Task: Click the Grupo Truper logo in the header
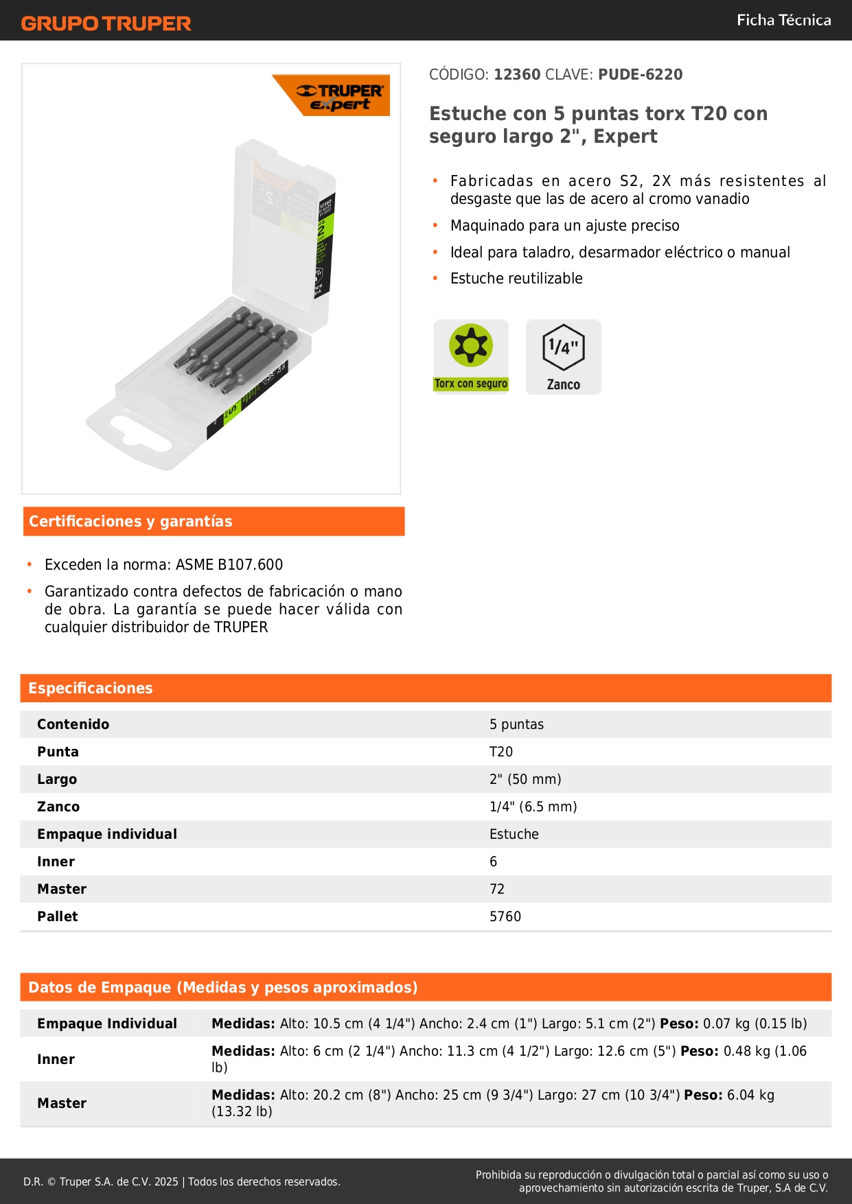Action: [x=106, y=23]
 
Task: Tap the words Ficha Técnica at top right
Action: [x=783, y=20]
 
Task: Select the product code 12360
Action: [x=517, y=75]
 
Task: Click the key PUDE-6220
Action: [x=640, y=75]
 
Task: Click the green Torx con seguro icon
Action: [x=471, y=356]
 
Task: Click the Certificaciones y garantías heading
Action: [x=130, y=522]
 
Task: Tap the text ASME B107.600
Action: [x=229, y=565]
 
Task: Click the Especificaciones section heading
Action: [x=91, y=688]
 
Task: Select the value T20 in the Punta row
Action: [x=501, y=752]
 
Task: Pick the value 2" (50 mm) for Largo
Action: [x=525, y=779]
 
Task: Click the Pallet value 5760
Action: [x=505, y=916]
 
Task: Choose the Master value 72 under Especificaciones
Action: [x=497, y=889]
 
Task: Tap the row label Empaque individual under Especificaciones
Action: [x=107, y=834]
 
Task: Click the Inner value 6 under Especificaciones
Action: [x=493, y=861]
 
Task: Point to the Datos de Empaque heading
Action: [x=222, y=988]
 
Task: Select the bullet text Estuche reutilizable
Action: [x=516, y=279]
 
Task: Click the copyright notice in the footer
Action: [x=182, y=1181]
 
